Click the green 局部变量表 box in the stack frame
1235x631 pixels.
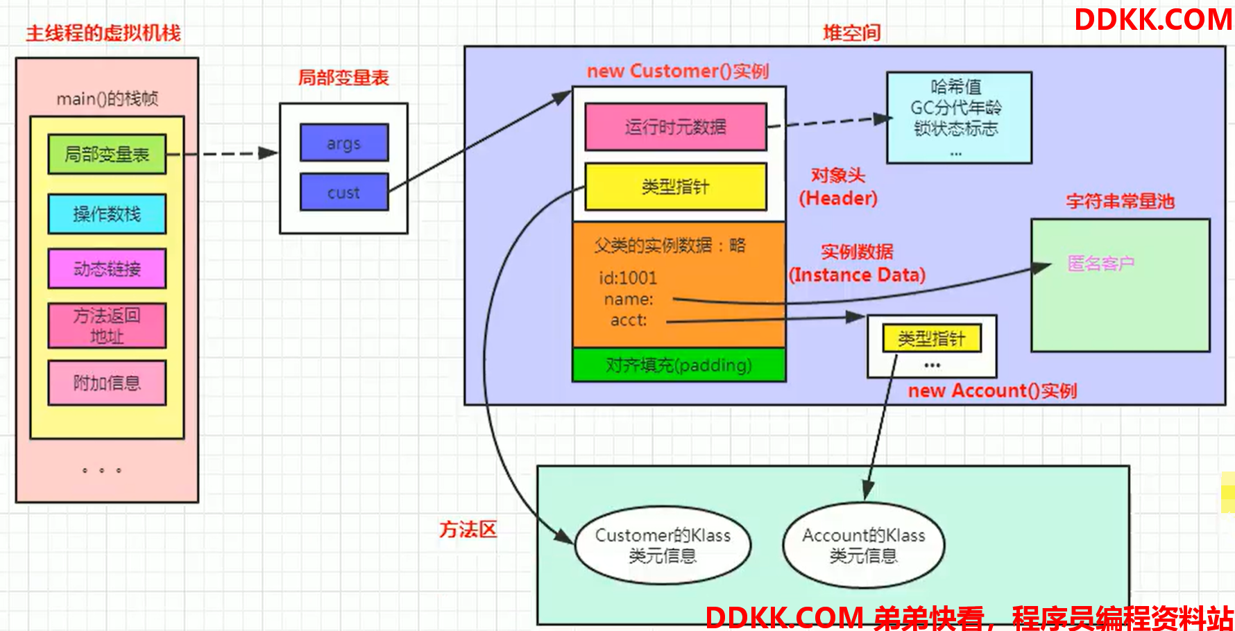tap(107, 154)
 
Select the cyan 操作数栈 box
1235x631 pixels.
tap(107, 214)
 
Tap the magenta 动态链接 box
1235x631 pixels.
tap(107, 268)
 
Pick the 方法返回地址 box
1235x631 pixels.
tap(107, 325)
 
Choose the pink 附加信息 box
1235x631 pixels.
tap(107, 383)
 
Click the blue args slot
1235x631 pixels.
tap(344, 143)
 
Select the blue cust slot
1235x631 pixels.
tap(344, 192)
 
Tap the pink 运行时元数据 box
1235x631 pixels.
tap(676, 127)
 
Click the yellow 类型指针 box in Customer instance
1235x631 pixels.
tap(676, 187)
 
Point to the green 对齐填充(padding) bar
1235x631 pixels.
tap(679, 365)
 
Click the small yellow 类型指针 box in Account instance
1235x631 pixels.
tap(932, 338)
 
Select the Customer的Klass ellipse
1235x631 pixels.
tap(663, 545)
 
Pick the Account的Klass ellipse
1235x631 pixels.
tap(864, 545)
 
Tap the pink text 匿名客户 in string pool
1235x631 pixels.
tap(1101, 263)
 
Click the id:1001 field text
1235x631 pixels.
tap(628, 278)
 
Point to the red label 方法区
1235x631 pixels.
tap(468, 530)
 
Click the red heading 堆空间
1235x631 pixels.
tap(851, 33)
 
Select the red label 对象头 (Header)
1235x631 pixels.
tap(838, 187)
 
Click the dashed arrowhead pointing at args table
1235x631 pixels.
tap(269, 153)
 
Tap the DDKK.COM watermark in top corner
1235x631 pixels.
tap(1153, 19)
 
